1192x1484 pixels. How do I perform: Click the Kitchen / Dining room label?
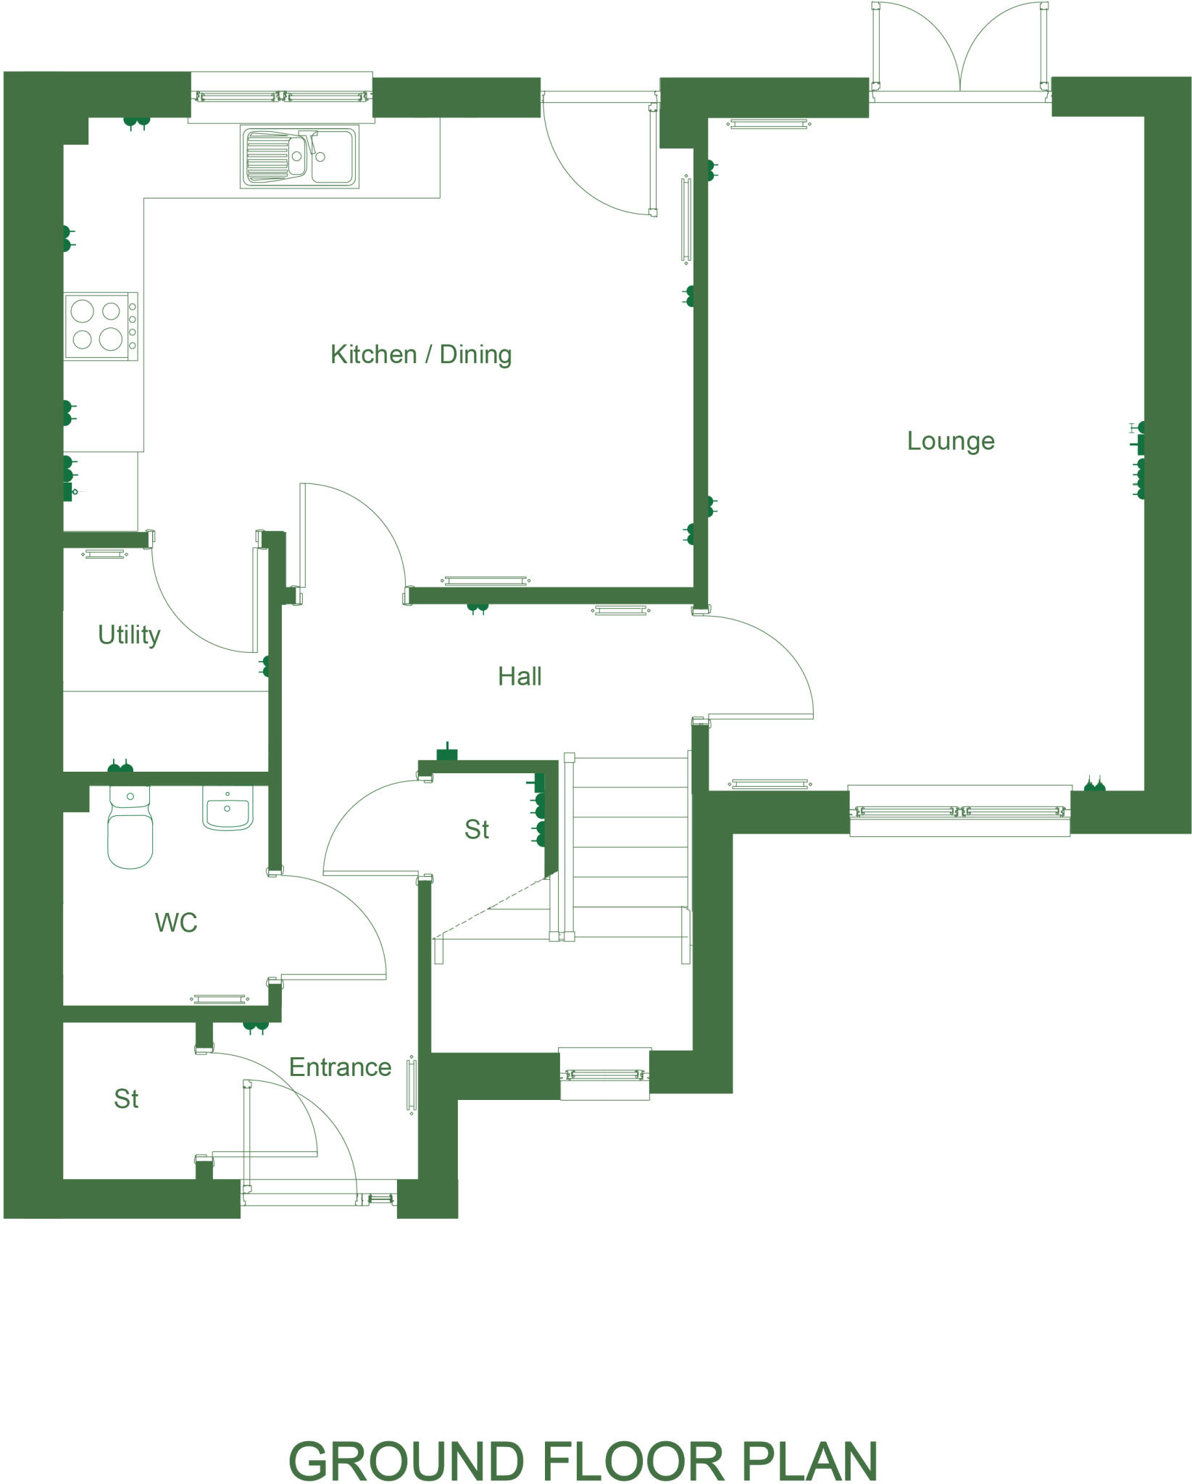click(x=421, y=354)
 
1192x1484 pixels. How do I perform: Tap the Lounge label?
click(x=951, y=441)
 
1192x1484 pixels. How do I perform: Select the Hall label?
click(x=520, y=676)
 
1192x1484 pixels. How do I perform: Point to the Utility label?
click(x=129, y=635)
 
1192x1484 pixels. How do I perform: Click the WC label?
click(x=176, y=922)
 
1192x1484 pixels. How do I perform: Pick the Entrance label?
click(x=340, y=1067)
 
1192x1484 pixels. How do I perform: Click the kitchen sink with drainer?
click(x=299, y=157)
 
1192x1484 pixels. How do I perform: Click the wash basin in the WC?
click(x=228, y=809)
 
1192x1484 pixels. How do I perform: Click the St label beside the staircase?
click(x=477, y=829)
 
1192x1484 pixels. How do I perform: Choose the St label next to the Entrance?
click(x=126, y=1099)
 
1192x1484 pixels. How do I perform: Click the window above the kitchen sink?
click(x=281, y=96)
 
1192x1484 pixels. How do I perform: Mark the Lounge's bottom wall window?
click(x=959, y=812)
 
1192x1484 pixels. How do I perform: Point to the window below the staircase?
click(x=604, y=1075)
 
